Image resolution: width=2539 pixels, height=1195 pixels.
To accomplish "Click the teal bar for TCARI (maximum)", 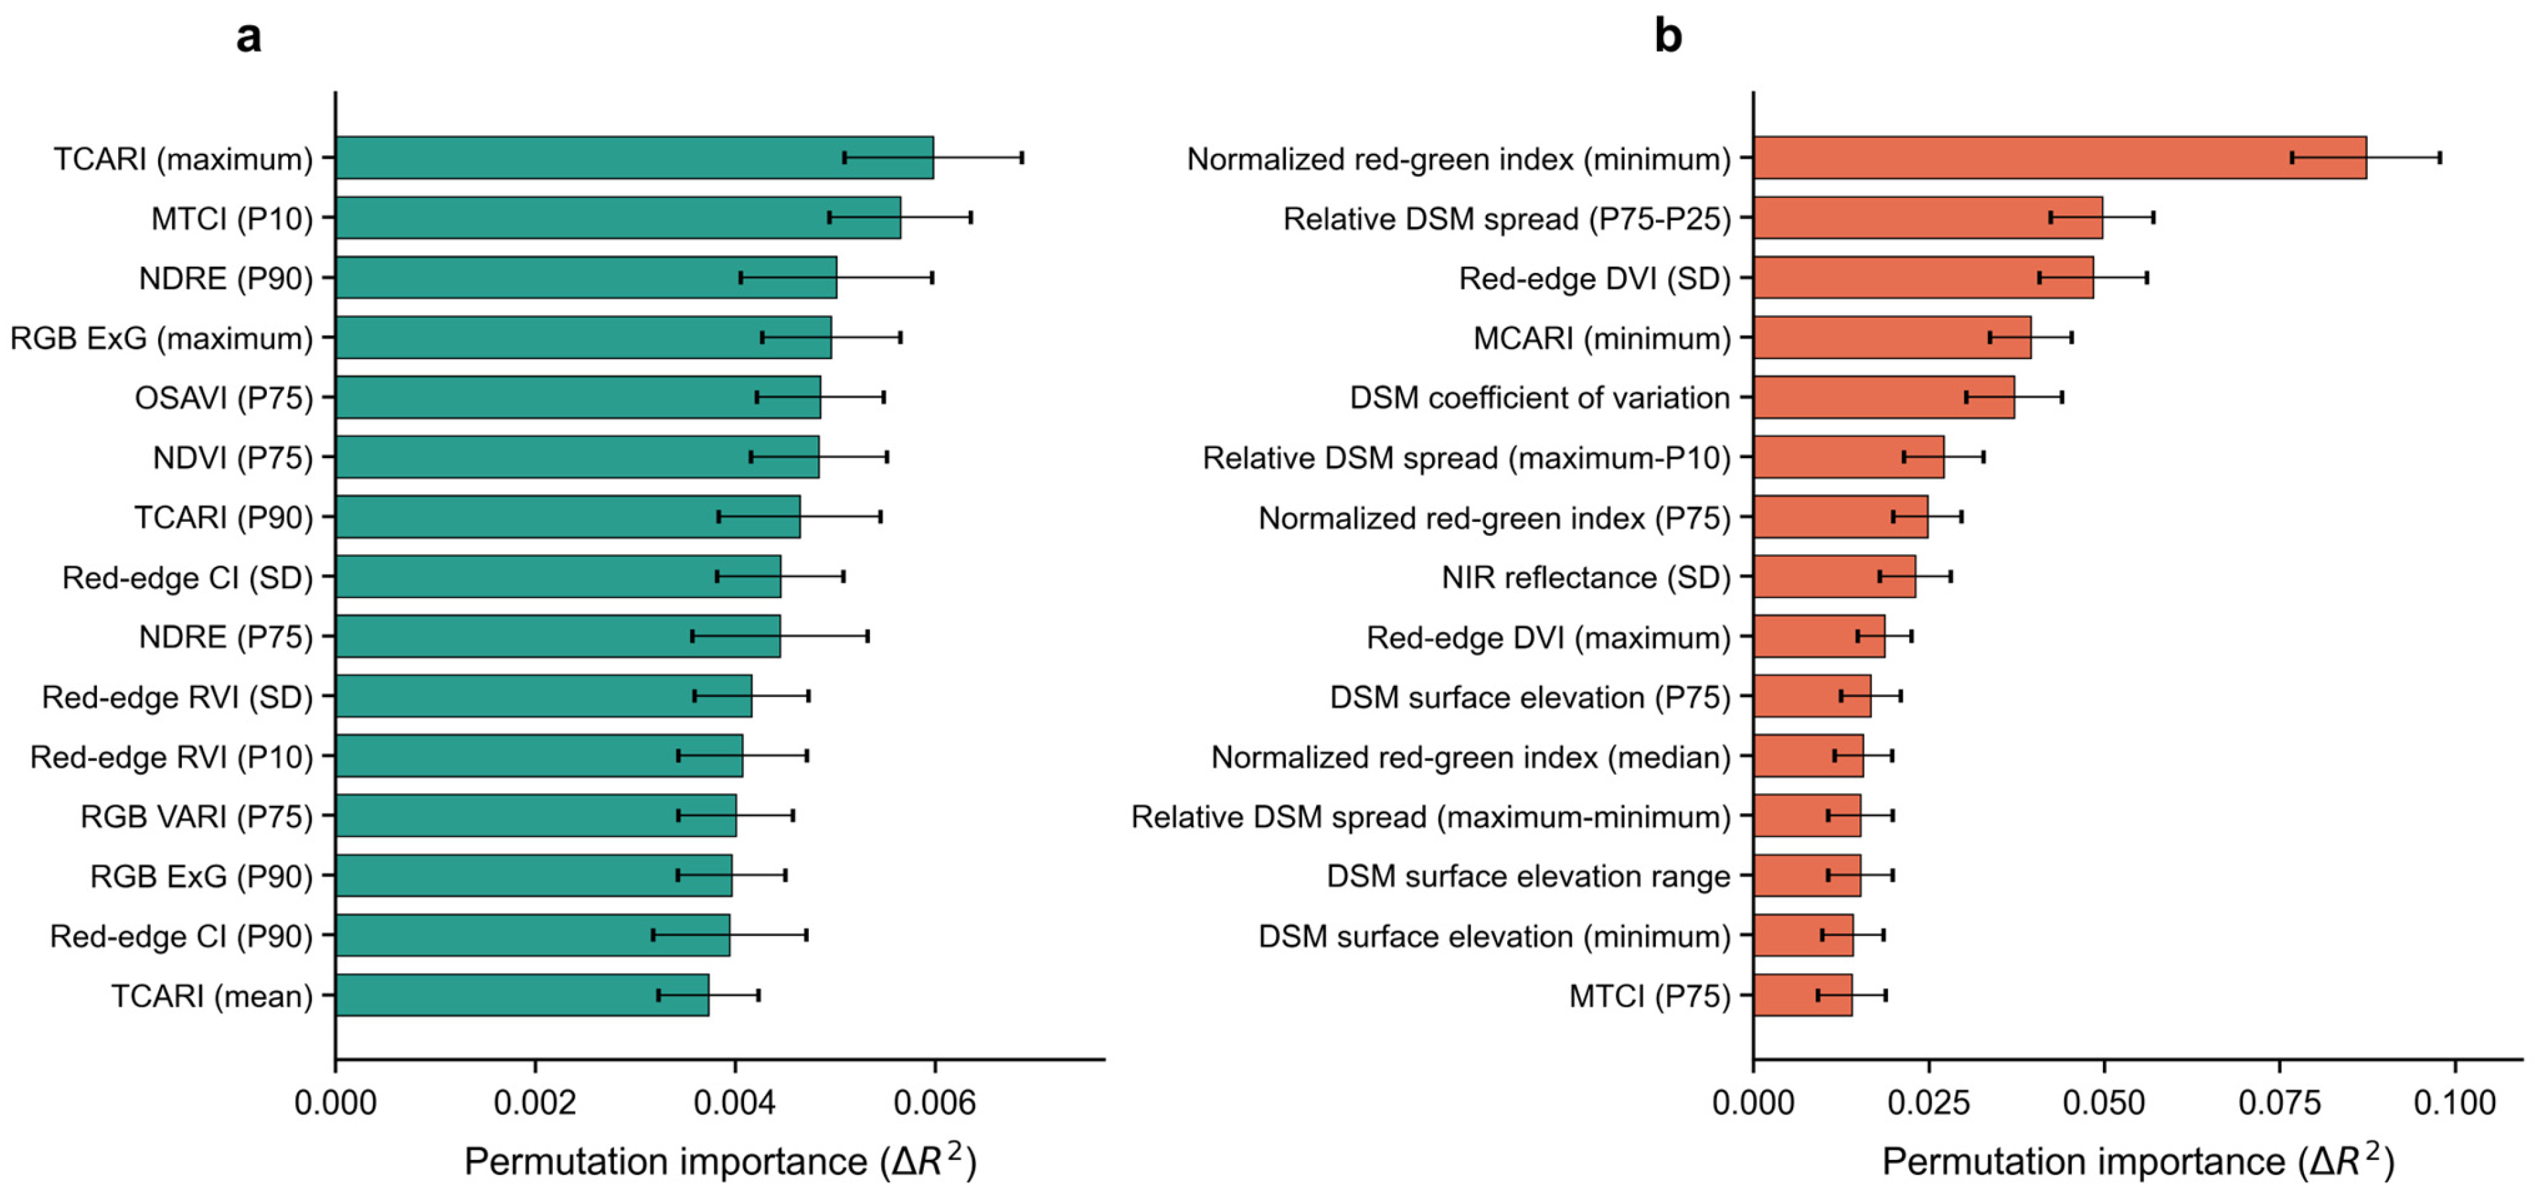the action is [634, 158].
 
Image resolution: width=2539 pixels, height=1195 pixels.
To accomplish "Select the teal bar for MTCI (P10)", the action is [618, 217].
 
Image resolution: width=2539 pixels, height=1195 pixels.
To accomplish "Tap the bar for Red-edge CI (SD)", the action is [559, 576].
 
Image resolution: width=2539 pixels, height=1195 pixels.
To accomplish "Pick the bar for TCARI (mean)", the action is [522, 995].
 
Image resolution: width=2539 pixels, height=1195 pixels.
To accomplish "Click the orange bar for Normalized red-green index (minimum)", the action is [2060, 158].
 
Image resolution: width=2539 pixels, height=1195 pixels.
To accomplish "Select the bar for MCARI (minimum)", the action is [1893, 337].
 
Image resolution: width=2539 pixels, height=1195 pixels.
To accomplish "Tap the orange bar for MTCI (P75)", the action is [1803, 995].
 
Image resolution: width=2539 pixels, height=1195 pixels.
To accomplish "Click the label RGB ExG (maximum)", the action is [162, 338].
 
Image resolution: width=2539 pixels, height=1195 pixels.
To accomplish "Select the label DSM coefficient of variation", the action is [1540, 398].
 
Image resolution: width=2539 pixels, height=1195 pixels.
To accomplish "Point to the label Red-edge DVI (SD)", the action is [1595, 279].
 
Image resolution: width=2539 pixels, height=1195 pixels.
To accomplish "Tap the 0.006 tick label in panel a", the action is [934, 1101].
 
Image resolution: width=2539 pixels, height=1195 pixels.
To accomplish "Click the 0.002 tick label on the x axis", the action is [535, 1101].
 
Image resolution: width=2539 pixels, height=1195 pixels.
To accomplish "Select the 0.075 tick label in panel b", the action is [2280, 1101].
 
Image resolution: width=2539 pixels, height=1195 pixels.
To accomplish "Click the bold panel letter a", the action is [250, 37].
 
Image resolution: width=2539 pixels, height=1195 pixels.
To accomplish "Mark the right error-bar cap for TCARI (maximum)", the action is [1022, 158].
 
